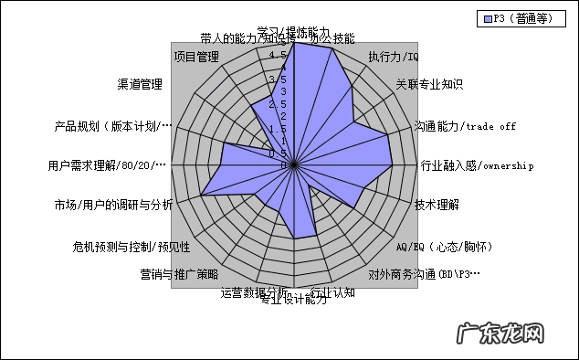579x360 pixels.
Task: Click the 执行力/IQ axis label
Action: tap(393, 57)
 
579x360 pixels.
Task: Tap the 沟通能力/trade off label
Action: tap(465, 125)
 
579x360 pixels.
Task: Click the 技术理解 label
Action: tap(437, 204)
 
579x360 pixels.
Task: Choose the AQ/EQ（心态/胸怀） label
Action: tap(445, 247)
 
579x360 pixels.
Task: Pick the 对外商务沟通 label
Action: tap(424, 273)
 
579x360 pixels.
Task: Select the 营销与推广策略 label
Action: tap(179, 273)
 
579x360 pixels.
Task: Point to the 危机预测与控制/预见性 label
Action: tap(132, 247)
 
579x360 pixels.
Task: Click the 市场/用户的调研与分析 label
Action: tap(112, 204)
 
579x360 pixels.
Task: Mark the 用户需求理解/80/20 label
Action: tap(109, 165)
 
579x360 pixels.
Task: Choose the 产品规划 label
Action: tap(112, 125)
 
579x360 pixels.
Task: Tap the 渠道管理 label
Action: tap(140, 85)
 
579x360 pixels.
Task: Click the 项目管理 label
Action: tap(196, 57)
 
